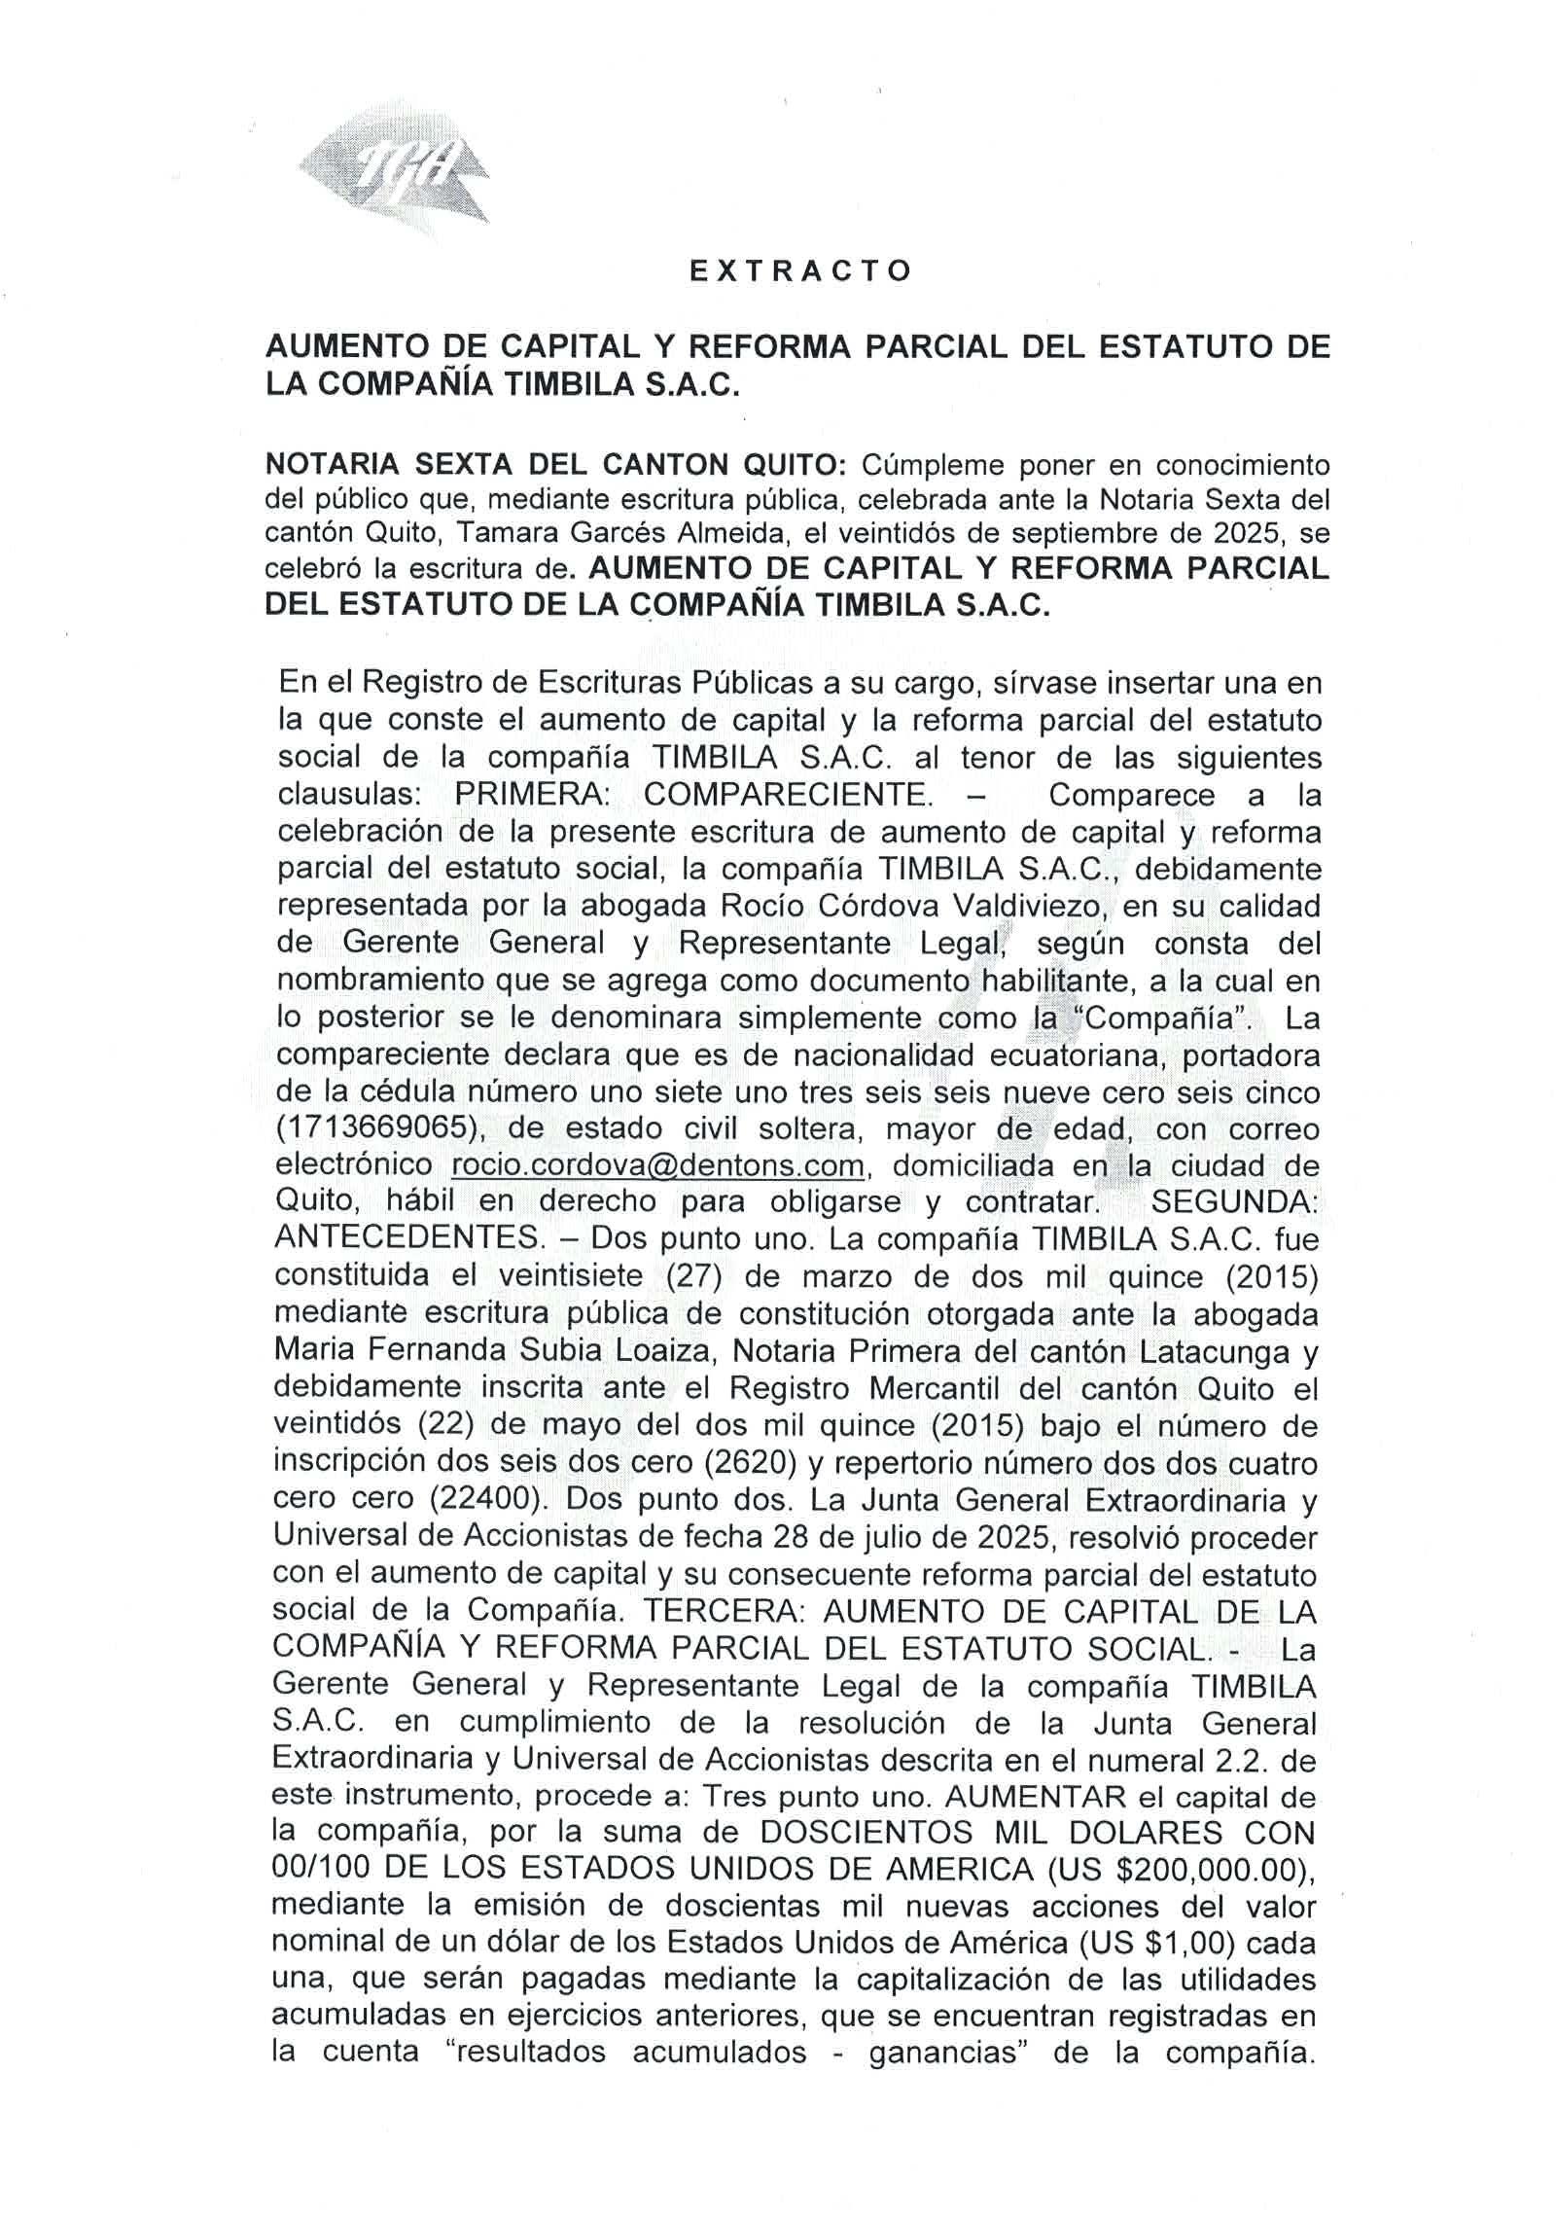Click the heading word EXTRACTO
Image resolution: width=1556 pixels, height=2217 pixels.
[x=800, y=271]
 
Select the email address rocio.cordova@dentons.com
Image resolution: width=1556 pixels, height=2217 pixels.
[x=658, y=1165]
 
